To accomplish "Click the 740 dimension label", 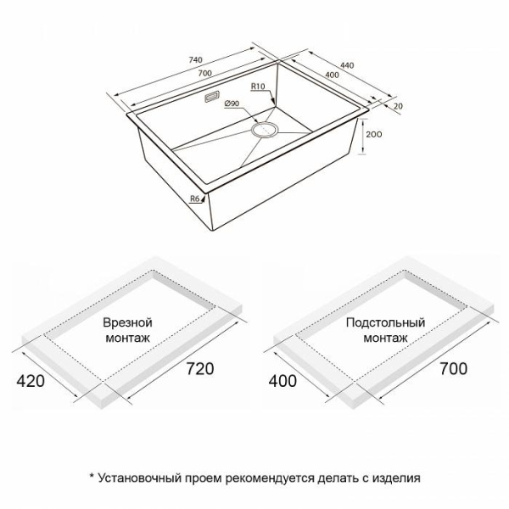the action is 195,60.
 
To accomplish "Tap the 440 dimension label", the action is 347,65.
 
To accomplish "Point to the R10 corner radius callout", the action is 258,87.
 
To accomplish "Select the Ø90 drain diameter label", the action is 232,103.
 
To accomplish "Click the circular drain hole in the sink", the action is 265,130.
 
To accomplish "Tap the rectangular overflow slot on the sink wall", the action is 212,97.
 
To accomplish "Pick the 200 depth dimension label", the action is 373,134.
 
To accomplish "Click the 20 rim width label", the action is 398,106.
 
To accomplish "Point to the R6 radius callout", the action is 194,199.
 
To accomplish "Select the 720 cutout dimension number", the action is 200,369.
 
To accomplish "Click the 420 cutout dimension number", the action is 31,381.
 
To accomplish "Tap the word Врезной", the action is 127,323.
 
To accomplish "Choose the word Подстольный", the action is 385,322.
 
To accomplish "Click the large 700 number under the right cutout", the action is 454,369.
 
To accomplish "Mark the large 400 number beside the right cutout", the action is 282,381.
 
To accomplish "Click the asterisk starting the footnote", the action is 92,476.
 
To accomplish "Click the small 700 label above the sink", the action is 204,73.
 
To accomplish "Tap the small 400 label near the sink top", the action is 332,75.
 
